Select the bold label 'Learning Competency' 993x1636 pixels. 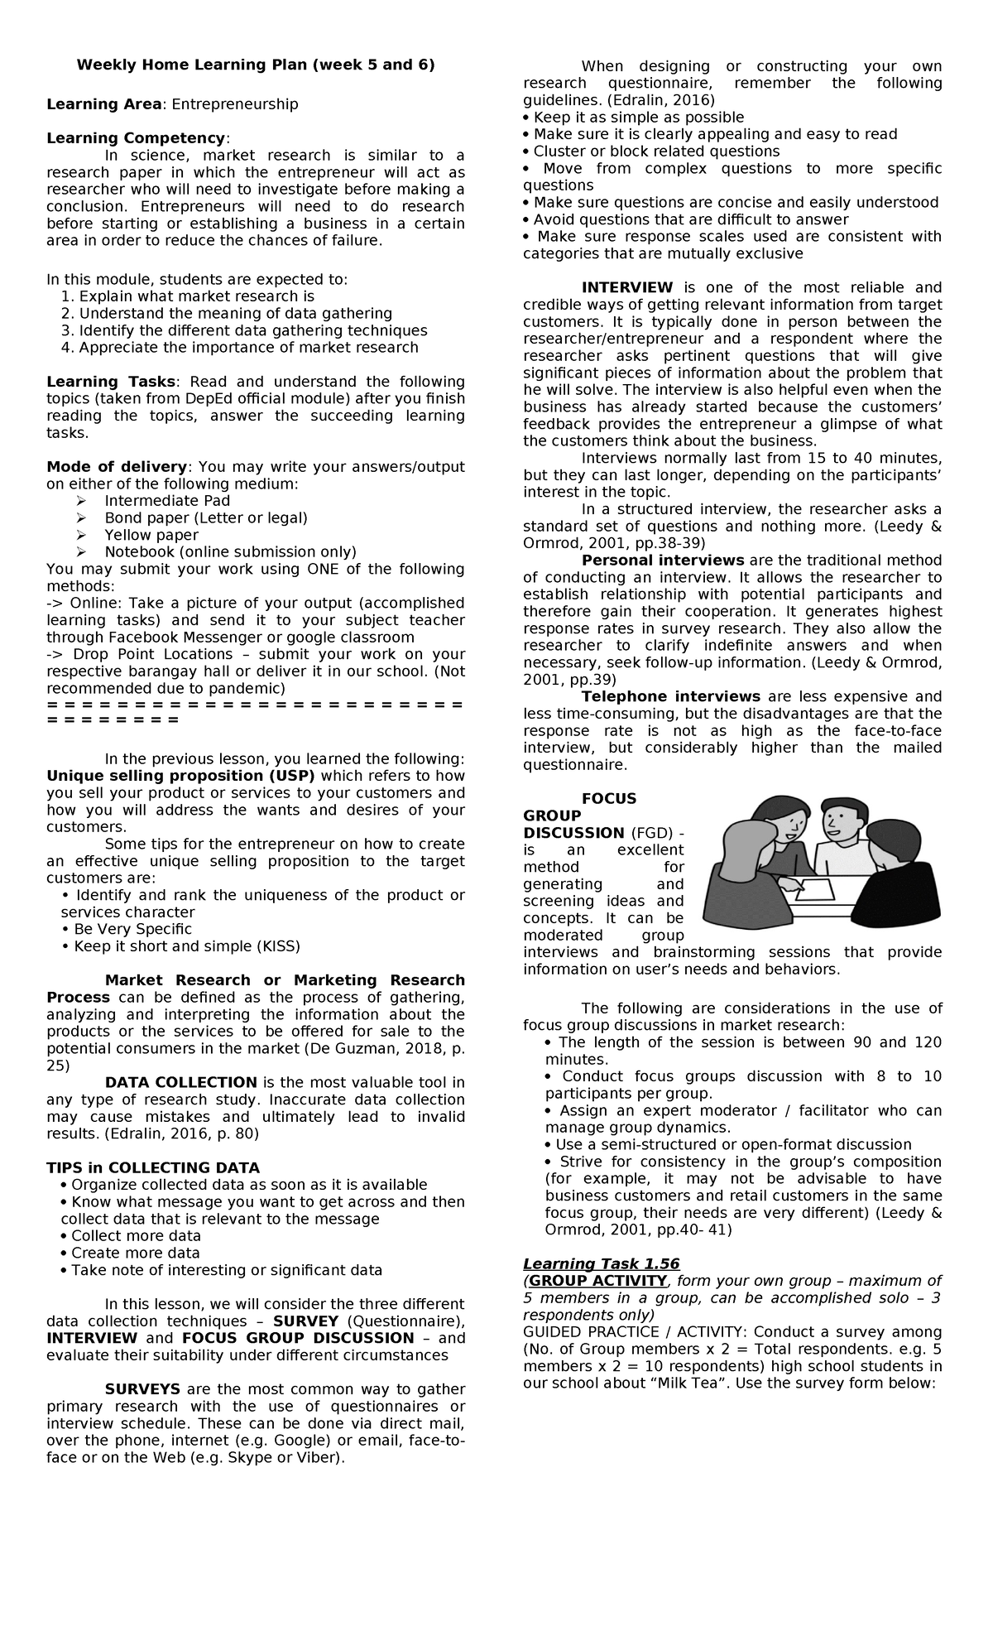(135, 138)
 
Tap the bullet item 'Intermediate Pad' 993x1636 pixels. (167, 501)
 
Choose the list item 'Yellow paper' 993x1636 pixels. (151, 535)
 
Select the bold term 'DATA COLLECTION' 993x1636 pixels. (180, 1082)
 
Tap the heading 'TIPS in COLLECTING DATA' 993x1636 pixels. (153, 1167)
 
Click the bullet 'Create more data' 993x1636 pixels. (135, 1253)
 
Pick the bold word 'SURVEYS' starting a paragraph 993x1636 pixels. (141, 1389)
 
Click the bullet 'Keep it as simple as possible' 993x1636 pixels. (638, 118)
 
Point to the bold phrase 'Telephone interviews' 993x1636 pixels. (670, 696)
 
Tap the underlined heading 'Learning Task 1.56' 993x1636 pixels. (601, 1263)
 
